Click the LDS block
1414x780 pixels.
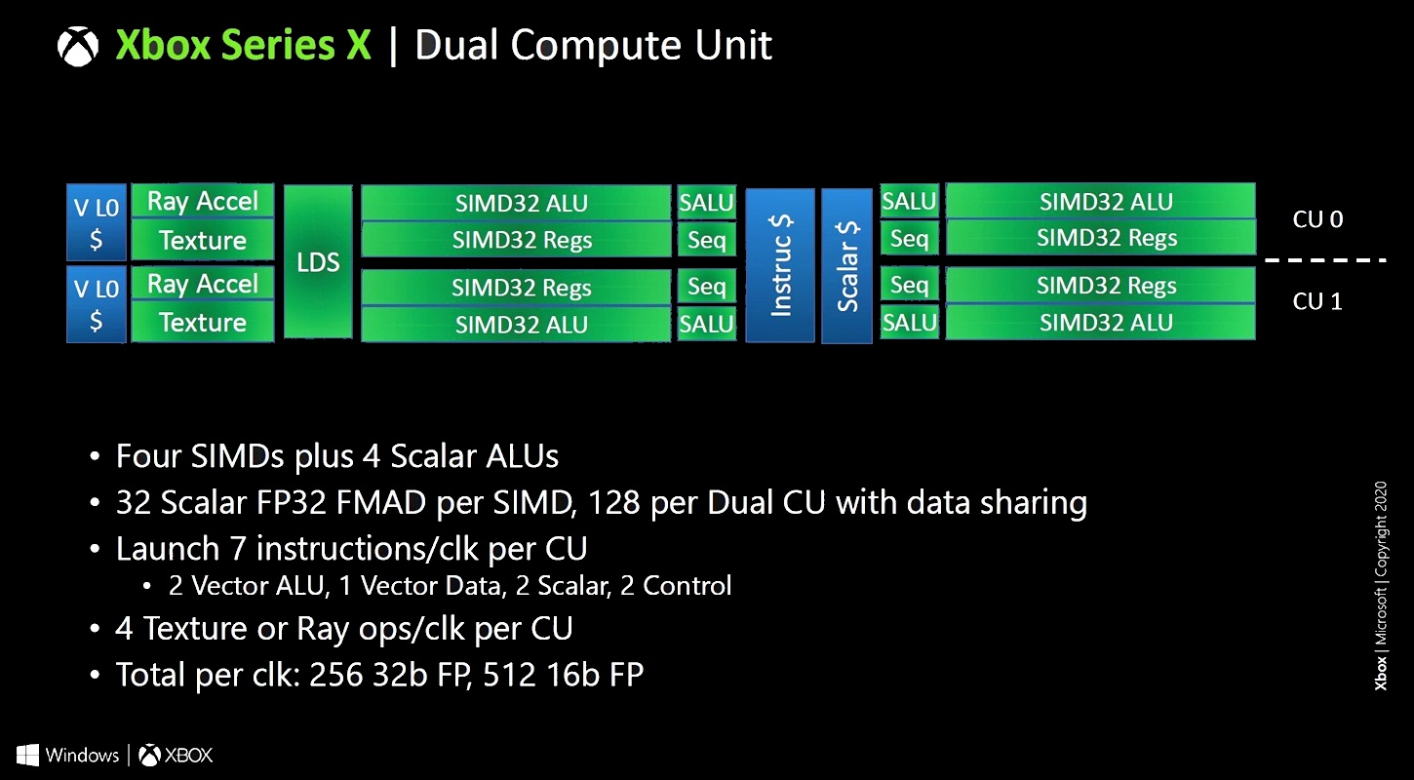pyautogui.click(x=318, y=262)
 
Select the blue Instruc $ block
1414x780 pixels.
pyautogui.click(x=780, y=264)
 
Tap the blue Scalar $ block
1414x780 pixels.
pyautogui.click(x=846, y=265)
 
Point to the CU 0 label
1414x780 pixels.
pyautogui.click(x=1317, y=219)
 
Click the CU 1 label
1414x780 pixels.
pyautogui.click(x=1317, y=301)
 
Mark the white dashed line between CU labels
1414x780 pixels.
pyautogui.click(x=1325, y=260)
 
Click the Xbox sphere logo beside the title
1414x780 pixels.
pyautogui.click(x=78, y=46)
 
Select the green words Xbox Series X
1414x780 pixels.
pyautogui.click(x=244, y=46)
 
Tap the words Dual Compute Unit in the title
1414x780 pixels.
pyautogui.click(x=593, y=46)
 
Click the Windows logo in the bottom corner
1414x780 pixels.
pyautogui.click(x=27, y=755)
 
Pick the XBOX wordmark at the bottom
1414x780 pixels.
pyautogui.click(x=188, y=755)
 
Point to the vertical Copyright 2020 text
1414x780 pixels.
pyautogui.click(x=1381, y=526)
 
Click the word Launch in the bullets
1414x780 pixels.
pyautogui.click(x=160, y=549)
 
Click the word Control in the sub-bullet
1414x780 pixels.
pyautogui.click(x=693, y=586)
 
